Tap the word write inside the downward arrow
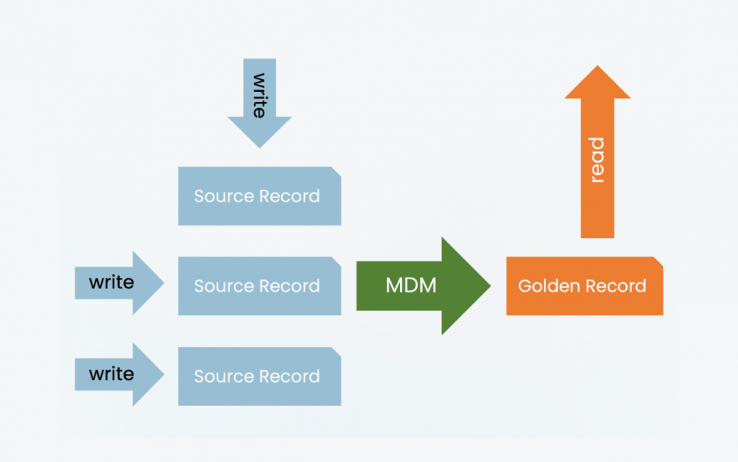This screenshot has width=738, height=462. tap(259, 96)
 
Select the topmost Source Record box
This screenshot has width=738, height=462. tap(259, 196)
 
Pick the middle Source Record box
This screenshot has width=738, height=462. tap(259, 285)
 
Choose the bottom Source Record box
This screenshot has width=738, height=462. tap(259, 376)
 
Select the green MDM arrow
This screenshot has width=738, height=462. tap(419, 285)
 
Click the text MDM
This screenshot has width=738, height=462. tap(411, 285)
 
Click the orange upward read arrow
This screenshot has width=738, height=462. tap(597, 156)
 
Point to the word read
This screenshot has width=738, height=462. tap(597, 160)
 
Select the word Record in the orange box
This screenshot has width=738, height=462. tap(616, 285)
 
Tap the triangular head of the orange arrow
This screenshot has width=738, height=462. tap(597, 82)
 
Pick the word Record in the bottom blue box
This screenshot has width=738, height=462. tap(291, 376)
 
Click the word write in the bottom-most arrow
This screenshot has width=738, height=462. tap(111, 374)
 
